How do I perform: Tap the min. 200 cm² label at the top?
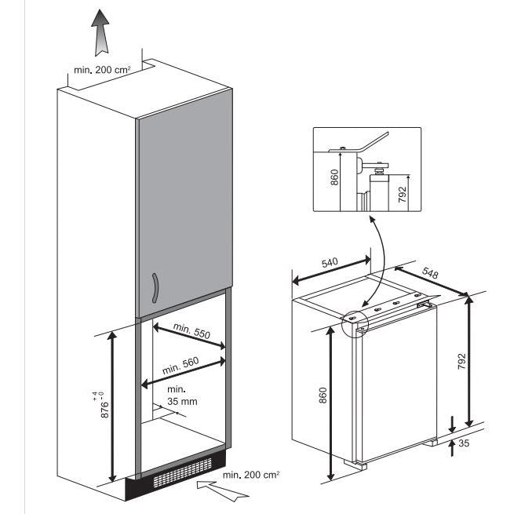point(101,70)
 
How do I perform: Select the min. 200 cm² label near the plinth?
point(251,475)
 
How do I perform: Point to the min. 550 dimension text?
point(192,333)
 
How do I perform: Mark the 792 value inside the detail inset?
point(403,194)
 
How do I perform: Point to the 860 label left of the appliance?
point(323,396)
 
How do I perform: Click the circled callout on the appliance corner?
point(355,322)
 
